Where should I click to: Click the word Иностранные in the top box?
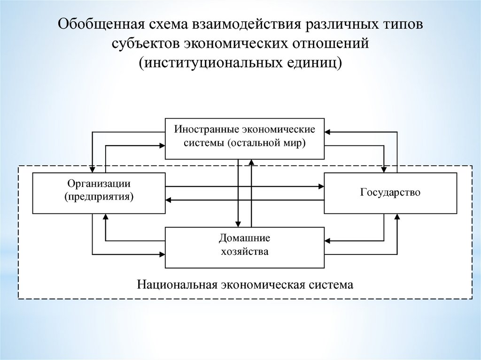(x=202, y=128)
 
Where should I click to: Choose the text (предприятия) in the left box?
(x=99, y=197)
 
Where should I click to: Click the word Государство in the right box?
(x=390, y=192)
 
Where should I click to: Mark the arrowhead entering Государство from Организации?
(x=321, y=186)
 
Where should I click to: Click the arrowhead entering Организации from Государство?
(x=170, y=200)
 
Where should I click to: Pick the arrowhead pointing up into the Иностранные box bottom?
(x=252, y=162)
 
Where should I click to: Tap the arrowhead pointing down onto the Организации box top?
(x=93, y=169)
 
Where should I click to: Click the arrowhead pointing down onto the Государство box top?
(x=384, y=169)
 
